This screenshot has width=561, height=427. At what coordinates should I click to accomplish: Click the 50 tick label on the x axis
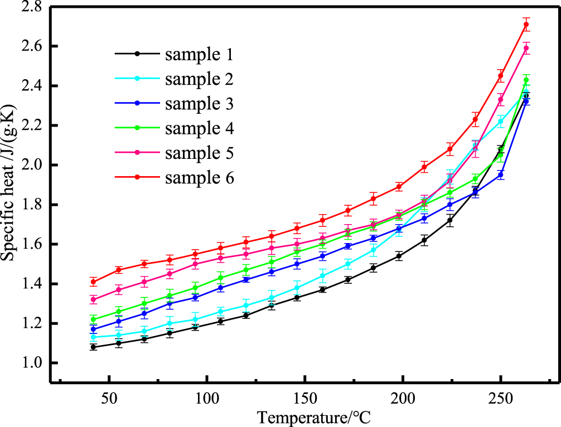coord(109,399)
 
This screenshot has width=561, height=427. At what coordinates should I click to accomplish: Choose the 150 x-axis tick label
coord(304,399)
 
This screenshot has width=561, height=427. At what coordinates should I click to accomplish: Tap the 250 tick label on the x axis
coord(500,399)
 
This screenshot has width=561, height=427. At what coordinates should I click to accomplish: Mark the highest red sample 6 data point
coord(526,25)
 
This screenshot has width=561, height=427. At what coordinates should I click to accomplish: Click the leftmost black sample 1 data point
coord(94,347)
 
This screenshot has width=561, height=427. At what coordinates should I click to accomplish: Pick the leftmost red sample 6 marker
coord(94,282)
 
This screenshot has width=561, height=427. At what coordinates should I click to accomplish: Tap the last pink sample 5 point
coord(526,48)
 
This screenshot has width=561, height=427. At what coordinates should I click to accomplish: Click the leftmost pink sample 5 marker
coord(94,299)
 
